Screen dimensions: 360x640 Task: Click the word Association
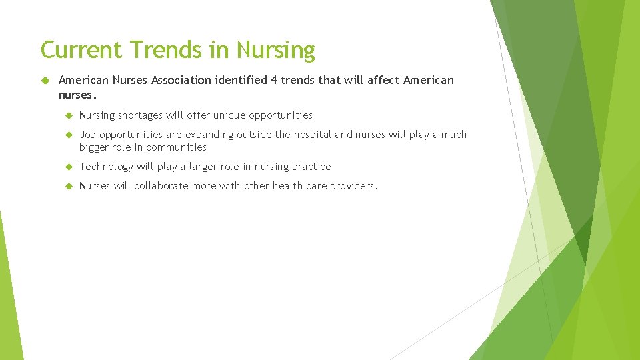[181, 80]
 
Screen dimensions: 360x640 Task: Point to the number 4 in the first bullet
[273, 80]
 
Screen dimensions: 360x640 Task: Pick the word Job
[87, 135]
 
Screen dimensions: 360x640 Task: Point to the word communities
[176, 147]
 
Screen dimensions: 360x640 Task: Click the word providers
[354, 186]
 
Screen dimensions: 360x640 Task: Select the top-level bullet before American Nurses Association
[46, 80]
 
